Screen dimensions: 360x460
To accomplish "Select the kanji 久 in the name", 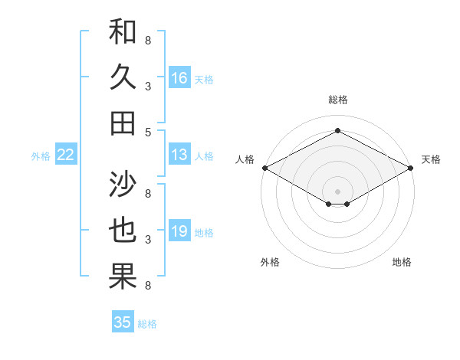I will (123, 77).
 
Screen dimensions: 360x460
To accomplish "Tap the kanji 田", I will (123, 123).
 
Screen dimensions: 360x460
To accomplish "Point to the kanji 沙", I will (123, 185).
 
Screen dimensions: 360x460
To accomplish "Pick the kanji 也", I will (123, 231).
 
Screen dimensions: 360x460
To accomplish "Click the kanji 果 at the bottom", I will (123, 277).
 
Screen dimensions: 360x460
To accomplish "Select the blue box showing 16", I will (179, 78).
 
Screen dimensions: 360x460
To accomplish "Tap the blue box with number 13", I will (179, 155).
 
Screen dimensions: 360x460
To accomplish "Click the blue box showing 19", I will (179, 232).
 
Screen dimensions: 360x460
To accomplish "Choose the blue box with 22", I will (66, 155).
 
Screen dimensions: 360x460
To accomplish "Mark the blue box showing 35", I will (123, 322).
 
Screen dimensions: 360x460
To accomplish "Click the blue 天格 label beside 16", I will (204, 79).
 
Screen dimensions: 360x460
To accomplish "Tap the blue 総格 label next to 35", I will (147, 323).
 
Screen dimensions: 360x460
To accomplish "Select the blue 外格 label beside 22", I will (41, 156).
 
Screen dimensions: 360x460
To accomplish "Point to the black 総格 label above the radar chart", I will (337, 100).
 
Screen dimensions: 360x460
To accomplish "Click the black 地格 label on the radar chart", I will (402, 262).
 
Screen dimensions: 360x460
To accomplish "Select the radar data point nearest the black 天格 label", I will (411, 168).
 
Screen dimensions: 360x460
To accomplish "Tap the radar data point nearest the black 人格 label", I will (264, 168).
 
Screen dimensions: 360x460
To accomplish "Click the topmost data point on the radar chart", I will (337, 131).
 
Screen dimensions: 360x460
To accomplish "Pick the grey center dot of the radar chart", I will (337, 191).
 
